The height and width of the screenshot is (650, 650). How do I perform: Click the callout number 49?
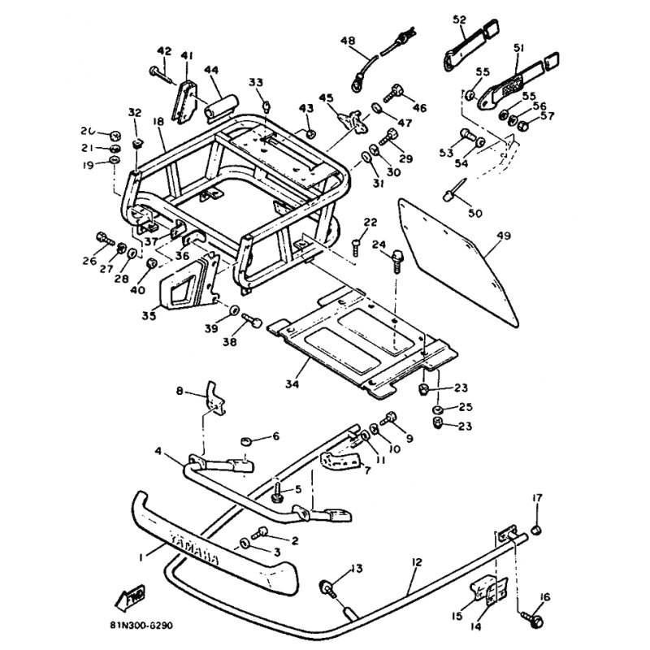click(x=503, y=236)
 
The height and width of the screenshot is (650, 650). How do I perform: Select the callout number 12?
click(x=415, y=561)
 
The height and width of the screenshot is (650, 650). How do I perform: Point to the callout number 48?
click(x=349, y=40)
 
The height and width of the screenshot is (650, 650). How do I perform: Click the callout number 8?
click(x=180, y=390)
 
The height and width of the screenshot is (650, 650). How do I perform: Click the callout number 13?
click(x=354, y=566)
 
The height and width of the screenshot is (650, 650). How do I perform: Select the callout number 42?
click(x=164, y=51)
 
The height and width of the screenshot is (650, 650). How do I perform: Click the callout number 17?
click(x=537, y=497)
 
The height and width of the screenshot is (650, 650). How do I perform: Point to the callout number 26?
click(x=89, y=260)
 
